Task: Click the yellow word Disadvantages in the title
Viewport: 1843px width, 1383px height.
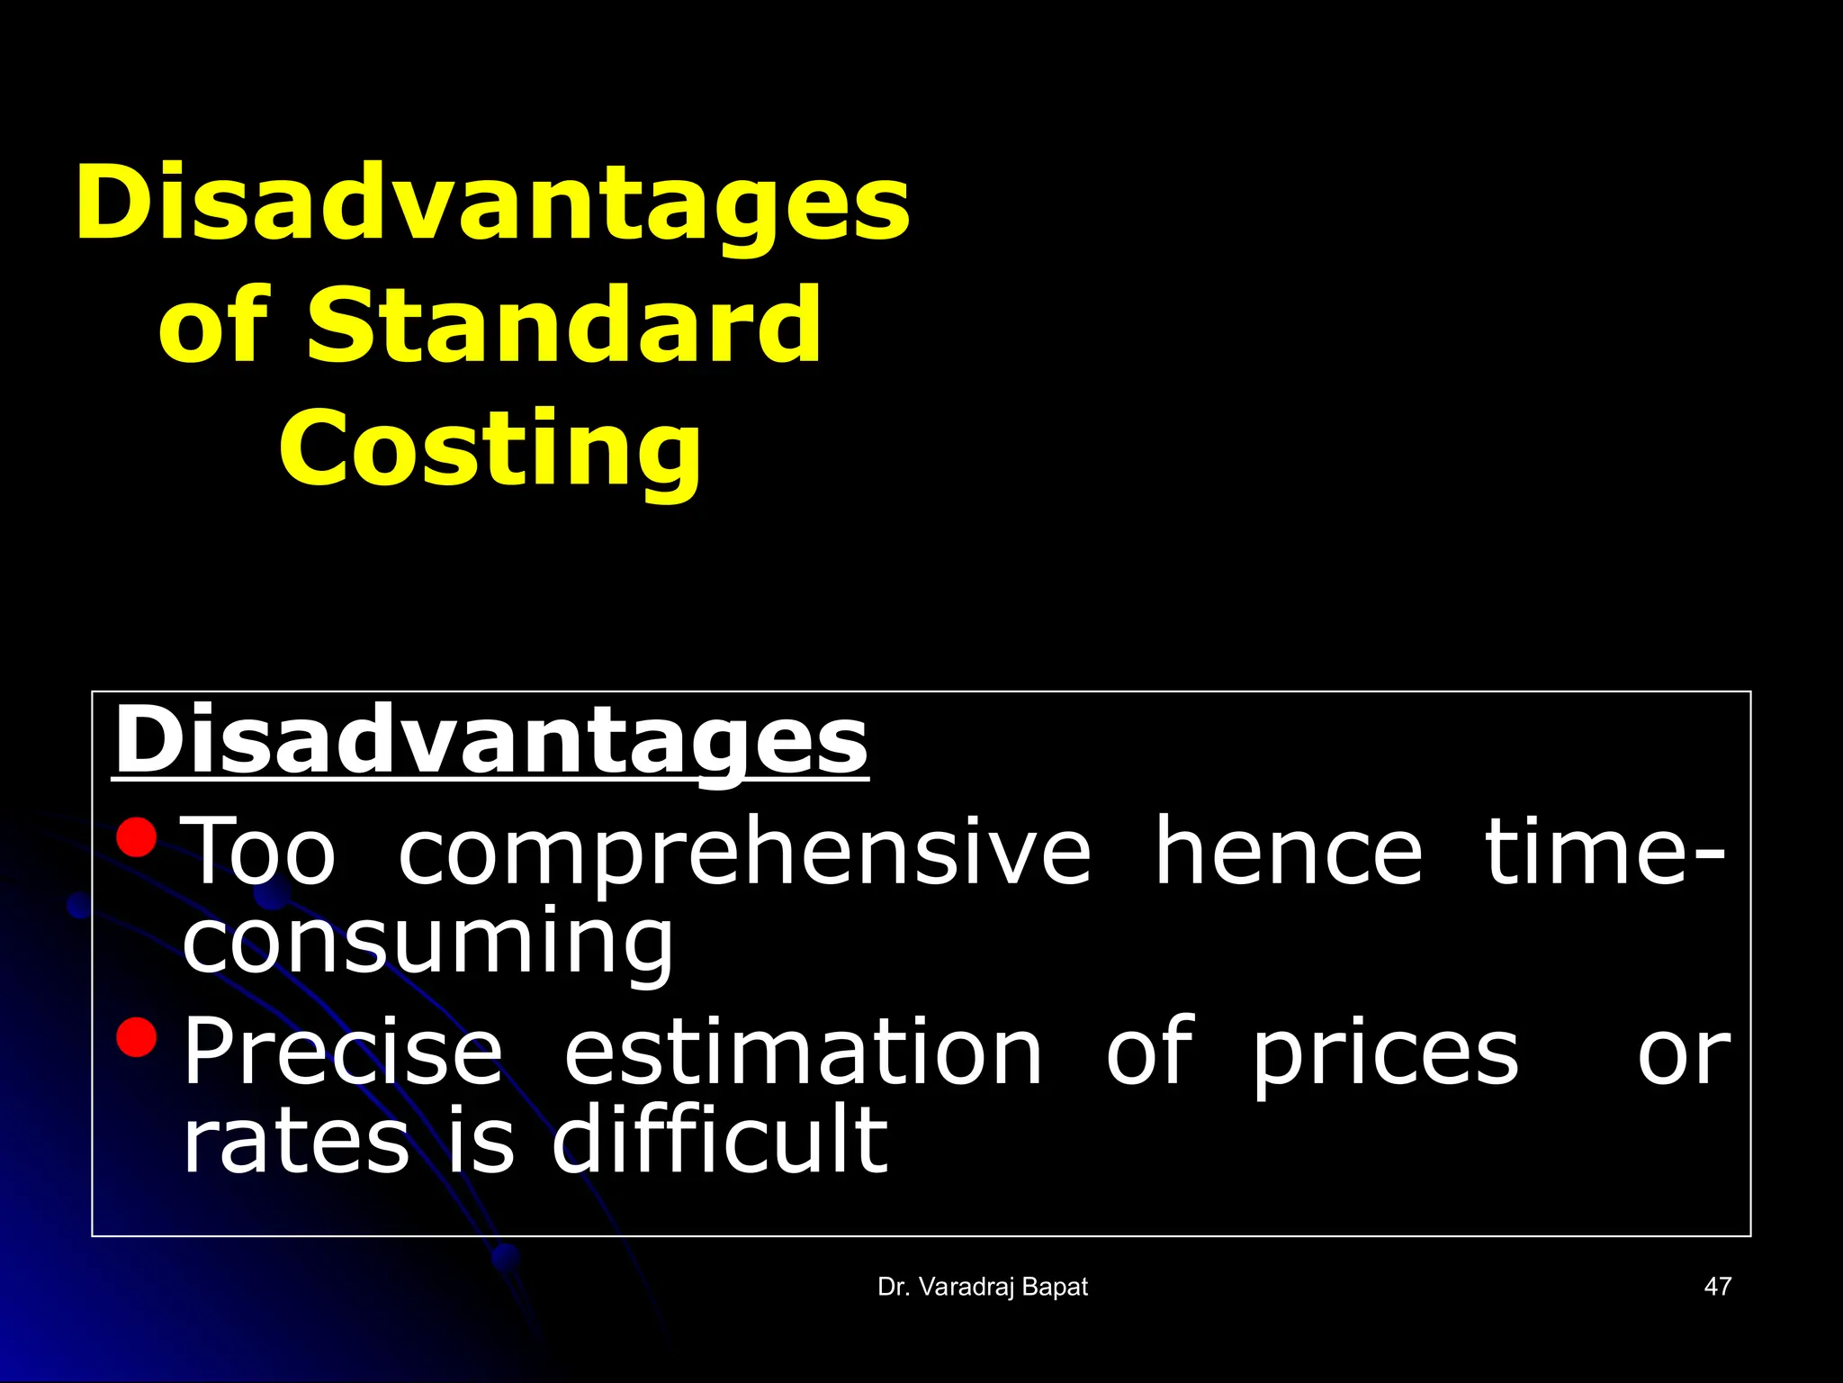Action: tap(492, 203)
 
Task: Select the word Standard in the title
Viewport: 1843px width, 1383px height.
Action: tap(563, 326)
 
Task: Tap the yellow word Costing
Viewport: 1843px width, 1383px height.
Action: tap(490, 448)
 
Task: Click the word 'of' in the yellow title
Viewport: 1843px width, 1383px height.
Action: tap(213, 326)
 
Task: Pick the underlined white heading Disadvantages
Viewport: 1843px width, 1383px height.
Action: tap(490, 741)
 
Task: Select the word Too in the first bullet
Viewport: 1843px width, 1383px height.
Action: tap(259, 851)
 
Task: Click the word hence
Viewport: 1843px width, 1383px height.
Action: tap(1288, 851)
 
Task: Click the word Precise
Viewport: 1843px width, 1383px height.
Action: tap(343, 1051)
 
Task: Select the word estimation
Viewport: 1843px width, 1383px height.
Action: tap(803, 1051)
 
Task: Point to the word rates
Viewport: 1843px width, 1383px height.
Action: tap(296, 1143)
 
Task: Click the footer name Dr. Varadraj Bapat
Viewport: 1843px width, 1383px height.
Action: tap(983, 1288)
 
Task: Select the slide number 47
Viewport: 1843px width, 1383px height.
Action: tap(1717, 1288)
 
